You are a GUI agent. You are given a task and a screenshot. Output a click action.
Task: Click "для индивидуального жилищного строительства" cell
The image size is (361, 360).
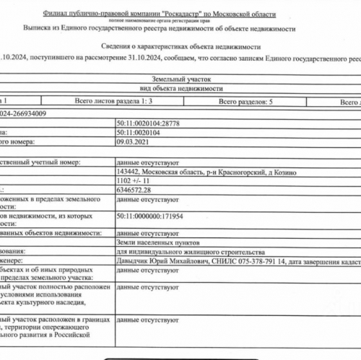point(190,252)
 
